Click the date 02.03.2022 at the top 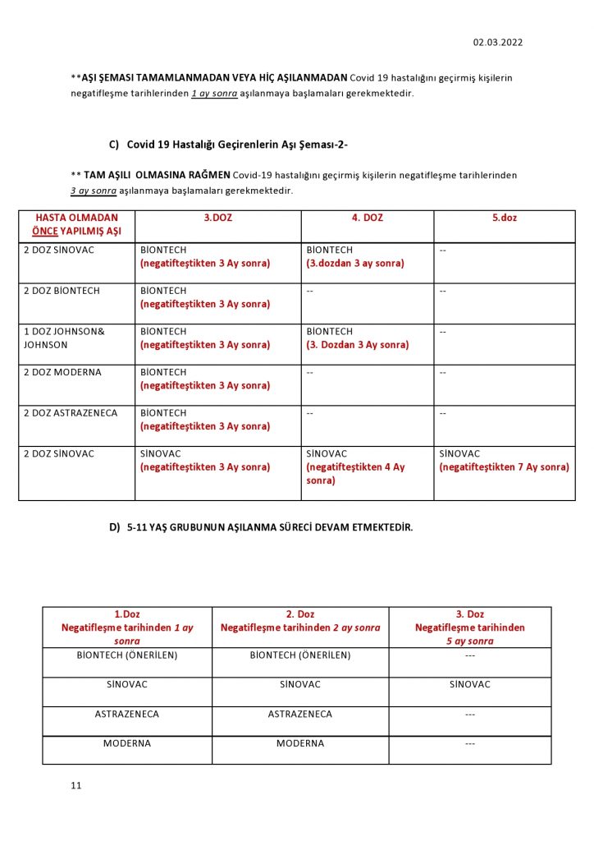tap(497, 43)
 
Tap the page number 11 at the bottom tap(76, 786)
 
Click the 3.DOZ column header tap(217, 218)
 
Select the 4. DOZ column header tap(367, 218)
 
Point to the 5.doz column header tap(504, 218)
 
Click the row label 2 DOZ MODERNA tap(62, 372)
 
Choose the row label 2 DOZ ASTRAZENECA tap(71, 413)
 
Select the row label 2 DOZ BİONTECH tap(64, 291)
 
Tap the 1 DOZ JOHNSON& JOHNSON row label tap(64, 338)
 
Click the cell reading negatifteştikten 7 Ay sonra tap(504, 467)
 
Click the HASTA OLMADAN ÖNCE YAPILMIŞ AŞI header tap(77, 225)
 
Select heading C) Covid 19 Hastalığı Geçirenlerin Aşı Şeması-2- tap(229, 145)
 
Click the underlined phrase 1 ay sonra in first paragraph tap(214, 94)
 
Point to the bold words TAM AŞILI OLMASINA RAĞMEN tap(157, 175)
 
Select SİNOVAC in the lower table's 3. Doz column tap(469, 684)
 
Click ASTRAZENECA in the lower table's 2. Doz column tap(300, 715)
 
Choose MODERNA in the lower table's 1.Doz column tap(127, 744)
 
